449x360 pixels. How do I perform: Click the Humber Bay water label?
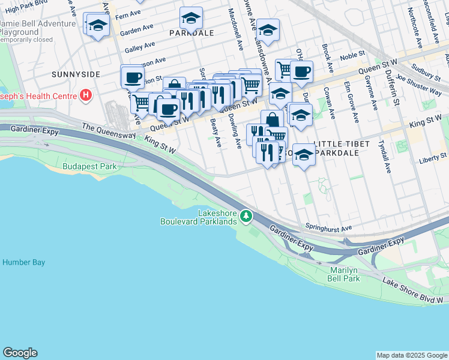click(23, 262)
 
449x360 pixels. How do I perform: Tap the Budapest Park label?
click(89, 166)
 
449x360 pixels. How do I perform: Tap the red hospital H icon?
click(87, 95)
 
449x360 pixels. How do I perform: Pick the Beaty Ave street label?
click(217, 133)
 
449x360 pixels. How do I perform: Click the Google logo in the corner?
click(20, 353)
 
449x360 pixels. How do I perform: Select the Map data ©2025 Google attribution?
click(411, 355)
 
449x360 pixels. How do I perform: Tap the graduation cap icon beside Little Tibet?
click(304, 155)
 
